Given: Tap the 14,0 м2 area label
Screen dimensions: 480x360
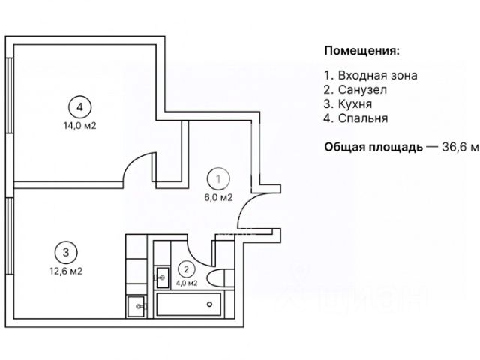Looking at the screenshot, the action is (79, 126).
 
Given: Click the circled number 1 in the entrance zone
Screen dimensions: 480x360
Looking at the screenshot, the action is (218, 180).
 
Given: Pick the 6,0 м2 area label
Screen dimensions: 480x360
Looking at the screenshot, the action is (218, 198).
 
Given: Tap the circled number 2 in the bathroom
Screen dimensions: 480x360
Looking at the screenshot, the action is (186, 268).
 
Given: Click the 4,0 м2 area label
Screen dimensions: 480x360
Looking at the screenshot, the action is (186, 283).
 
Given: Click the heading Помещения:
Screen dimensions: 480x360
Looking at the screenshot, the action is (361, 51).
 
